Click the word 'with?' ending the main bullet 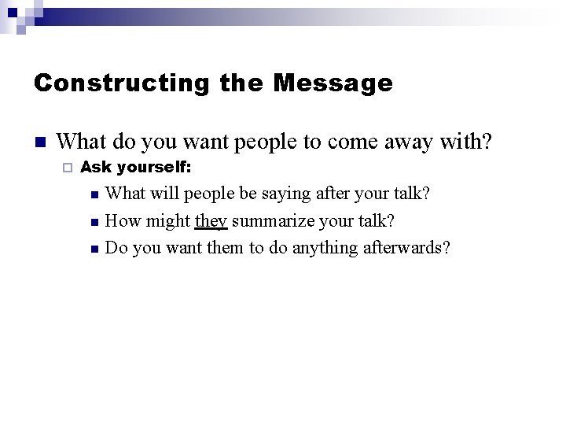(x=468, y=142)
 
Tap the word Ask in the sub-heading (x=95, y=167)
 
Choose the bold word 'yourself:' (x=153, y=167)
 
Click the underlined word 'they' (x=211, y=221)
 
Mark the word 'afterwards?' (x=406, y=248)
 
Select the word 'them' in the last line (x=226, y=248)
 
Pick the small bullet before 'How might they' (x=93, y=222)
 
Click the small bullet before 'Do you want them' (x=93, y=249)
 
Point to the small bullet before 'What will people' (x=93, y=194)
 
